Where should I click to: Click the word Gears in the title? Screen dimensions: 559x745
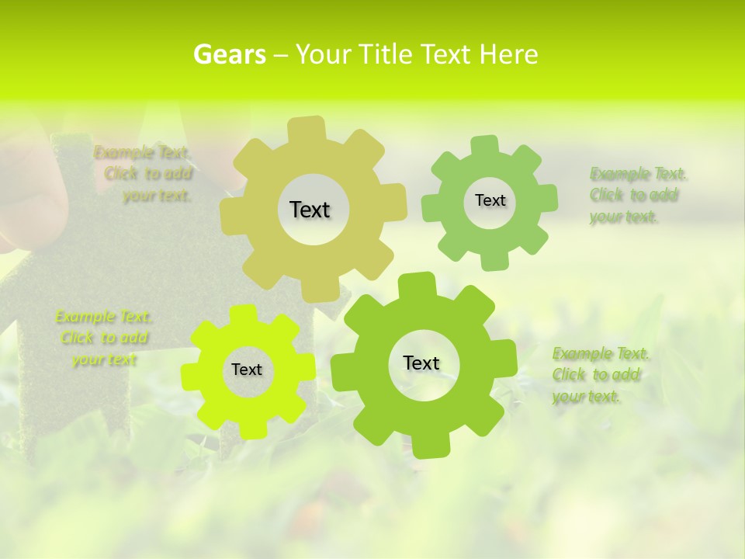[x=230, y=54]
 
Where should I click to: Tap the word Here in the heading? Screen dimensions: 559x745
[x=508, y=54]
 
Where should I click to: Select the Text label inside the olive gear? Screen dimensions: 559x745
[x=310, y=210]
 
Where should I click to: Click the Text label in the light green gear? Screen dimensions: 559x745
[x=490, y=200]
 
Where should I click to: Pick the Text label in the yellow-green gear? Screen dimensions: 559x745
[x=247, y=370]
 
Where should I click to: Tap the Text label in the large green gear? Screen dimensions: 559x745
[x=421, y=363]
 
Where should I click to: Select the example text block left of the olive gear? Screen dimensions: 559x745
[x=144, y=174]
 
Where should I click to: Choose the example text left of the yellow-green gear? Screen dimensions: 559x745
[x=104, y=338]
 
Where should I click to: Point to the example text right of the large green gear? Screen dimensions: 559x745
[x=599, y=375]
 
